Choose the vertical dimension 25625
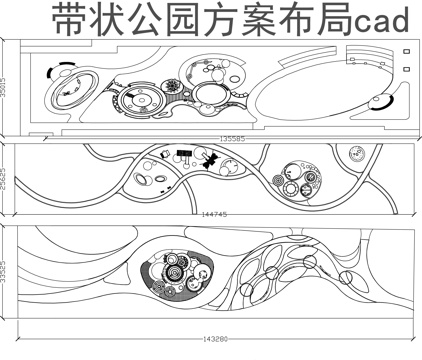(5, 180)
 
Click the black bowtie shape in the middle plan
(210, 161)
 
